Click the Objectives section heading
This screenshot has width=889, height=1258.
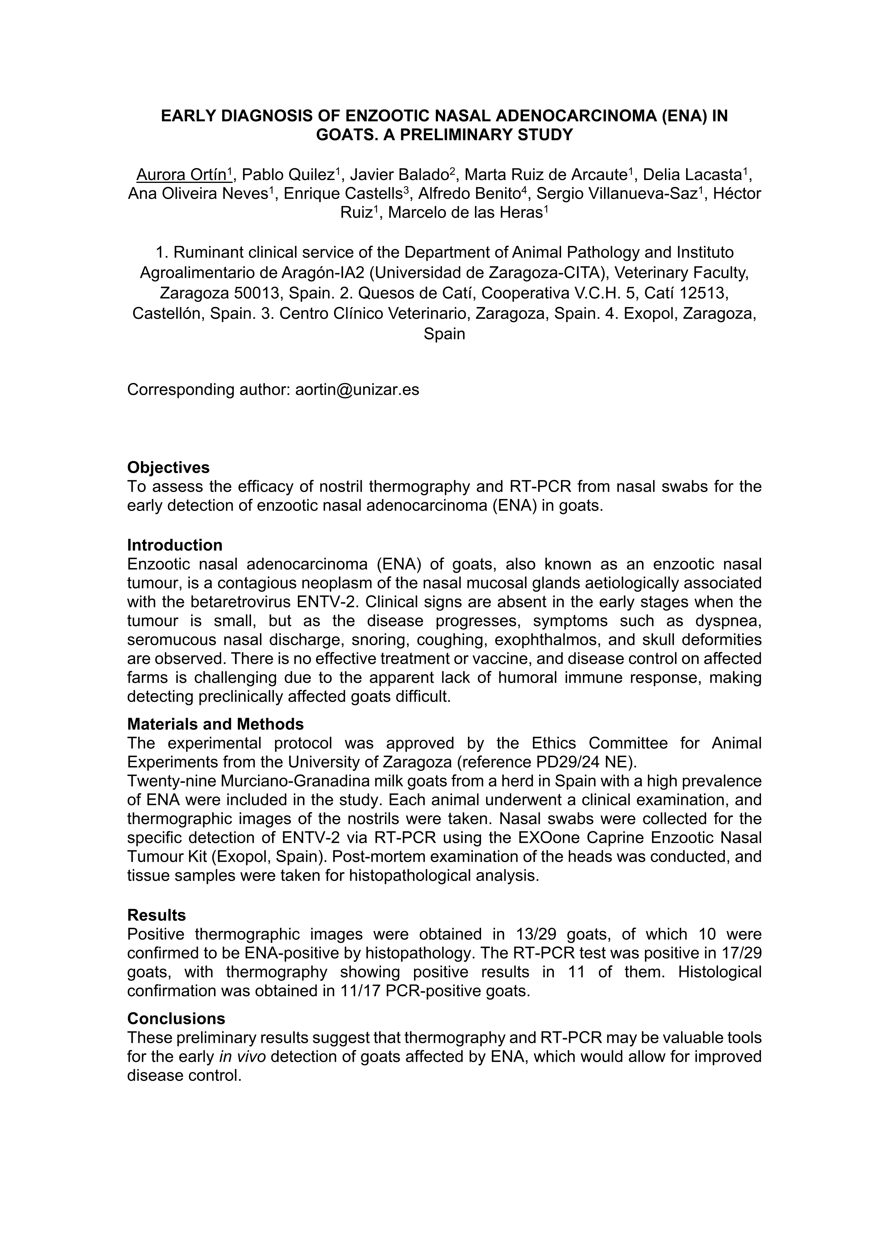click(x=168, y=467)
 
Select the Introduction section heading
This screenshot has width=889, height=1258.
click(x=175, y=545)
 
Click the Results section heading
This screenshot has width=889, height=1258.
click(x=157, y=915)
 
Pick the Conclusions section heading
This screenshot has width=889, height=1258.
click(x=176, y=1018)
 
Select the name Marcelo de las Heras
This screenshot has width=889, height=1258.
click(x=465, y=213)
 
